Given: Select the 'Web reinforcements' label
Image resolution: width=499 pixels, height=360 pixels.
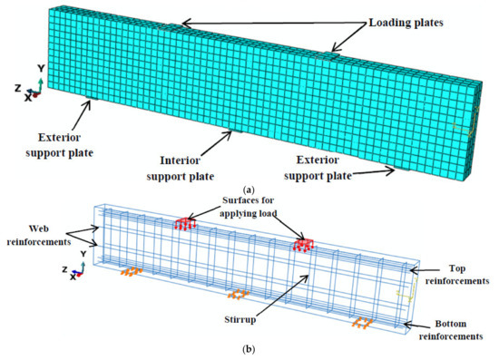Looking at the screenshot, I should click(x=36, y=235).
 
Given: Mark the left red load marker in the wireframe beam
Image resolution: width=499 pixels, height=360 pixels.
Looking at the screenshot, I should click(x=186, y=223).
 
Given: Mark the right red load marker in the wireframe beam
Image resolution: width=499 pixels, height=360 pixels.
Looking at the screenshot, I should click(x=303, y=244).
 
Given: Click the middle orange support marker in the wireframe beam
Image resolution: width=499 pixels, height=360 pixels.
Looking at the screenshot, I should click(x=238, y=294).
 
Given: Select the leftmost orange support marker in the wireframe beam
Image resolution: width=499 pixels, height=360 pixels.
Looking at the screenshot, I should click(x=132, y=271).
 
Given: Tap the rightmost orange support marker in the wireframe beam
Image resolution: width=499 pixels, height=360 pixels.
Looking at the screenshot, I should click(x=361, y=322).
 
